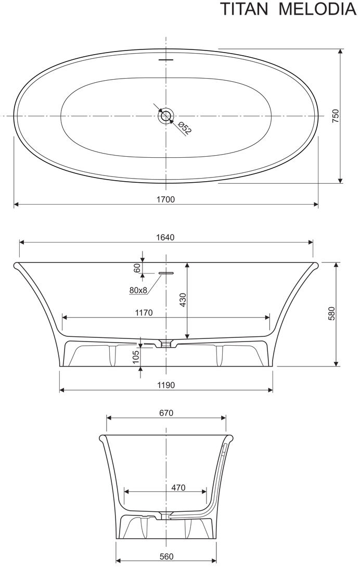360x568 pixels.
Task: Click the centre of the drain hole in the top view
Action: pos(166,116)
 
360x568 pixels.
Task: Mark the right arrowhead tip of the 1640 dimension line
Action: pos(313,242)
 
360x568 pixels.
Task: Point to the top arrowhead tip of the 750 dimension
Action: pos(340,49)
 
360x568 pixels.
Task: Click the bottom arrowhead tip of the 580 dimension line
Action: pos(337,366)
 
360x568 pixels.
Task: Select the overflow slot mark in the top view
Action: pos(166,59)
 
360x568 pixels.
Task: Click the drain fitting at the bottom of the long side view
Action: pos(166,343)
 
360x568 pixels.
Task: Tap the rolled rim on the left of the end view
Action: pos(102,438)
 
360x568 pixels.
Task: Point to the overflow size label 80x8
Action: pos(138,290)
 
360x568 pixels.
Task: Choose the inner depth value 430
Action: pos(183,300)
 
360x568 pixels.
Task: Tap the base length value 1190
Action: pos(166,385)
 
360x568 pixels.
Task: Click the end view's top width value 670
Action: pos(166,413)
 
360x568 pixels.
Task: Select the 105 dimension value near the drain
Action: pos(136,357)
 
